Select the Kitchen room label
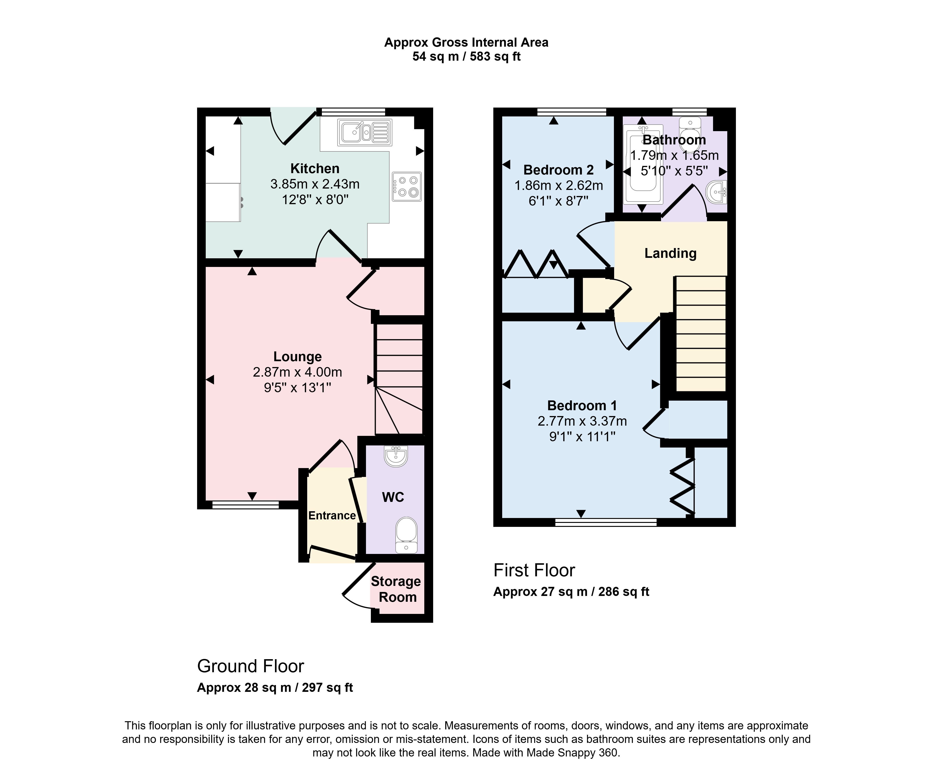click(315, 168)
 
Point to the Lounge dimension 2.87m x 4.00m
click(297, 372)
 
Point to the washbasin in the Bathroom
click(717, 192)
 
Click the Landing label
click(670, 253)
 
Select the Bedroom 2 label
click(558, 170)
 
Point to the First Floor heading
click(534, 570)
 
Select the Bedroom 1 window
click(606, 522)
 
